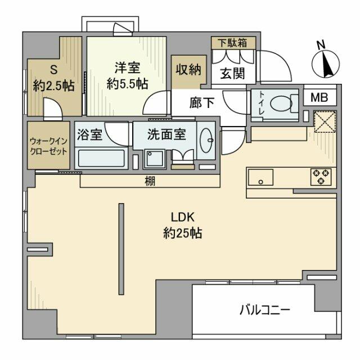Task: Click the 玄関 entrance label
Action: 231,74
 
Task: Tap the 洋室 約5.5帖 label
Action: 128,75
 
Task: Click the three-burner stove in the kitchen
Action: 321,177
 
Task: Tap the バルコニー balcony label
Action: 264,309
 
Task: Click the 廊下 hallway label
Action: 202,103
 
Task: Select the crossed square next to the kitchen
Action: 325,122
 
